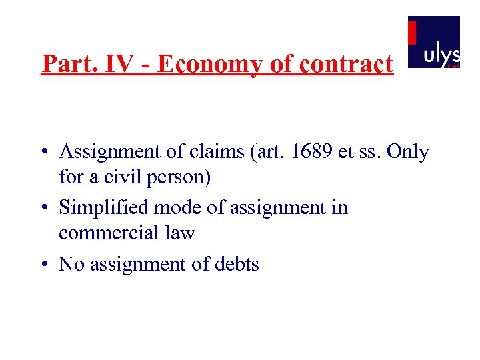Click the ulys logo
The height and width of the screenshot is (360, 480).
[434, 43]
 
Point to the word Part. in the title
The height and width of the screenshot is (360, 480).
[65, 65]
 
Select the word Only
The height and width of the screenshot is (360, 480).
[408, 152]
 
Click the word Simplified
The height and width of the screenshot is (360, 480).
[105, 208]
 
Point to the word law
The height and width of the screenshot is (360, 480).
[180, 233]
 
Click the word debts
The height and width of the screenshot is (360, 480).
[237, 265]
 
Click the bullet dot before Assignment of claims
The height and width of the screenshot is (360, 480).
[42, 153]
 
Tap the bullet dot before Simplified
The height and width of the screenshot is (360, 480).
[42, 209]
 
